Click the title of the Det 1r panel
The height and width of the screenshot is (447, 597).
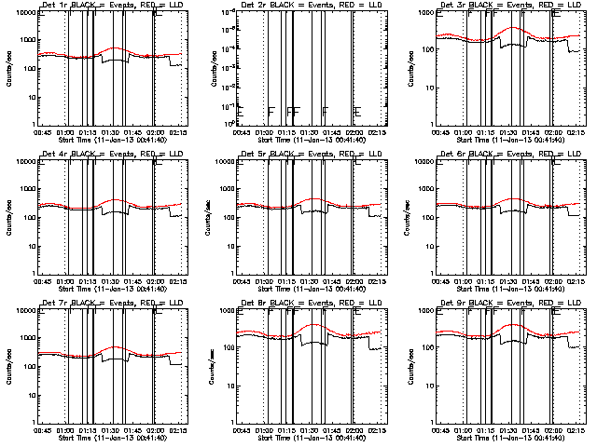[111, 5]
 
